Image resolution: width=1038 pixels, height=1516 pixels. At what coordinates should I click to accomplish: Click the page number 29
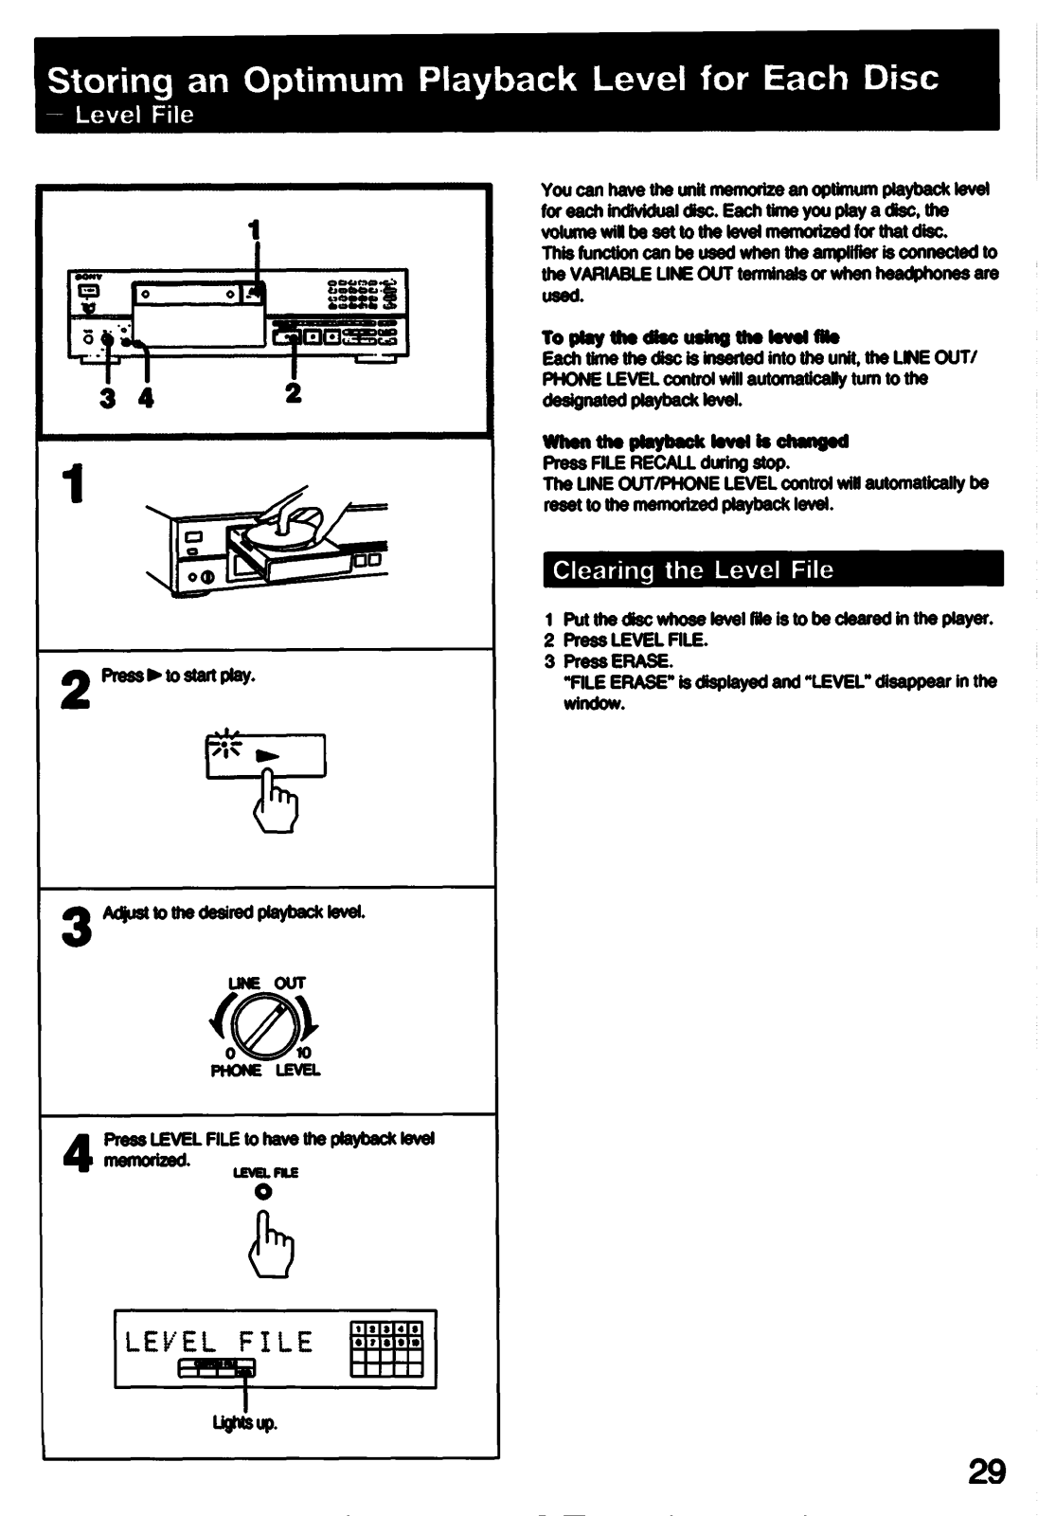tap(986, 1471)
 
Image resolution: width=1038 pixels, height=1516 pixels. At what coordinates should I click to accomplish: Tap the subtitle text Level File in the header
tap(134, 116)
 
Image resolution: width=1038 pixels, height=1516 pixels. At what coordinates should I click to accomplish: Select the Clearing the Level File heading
tap(692, 570)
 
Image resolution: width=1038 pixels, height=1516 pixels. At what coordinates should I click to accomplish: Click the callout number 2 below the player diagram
tap(294, 392)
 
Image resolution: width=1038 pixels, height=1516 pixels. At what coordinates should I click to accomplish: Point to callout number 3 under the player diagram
tap(108, 398)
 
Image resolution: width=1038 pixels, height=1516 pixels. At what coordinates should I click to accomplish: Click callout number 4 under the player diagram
tap(145, 398)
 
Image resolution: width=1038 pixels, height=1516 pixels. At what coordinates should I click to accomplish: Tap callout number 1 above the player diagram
tap(253, 229)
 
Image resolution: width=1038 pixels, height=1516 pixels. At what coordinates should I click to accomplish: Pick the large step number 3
tap(75, 927)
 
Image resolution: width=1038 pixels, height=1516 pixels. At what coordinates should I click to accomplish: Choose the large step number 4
tap(75, 1150)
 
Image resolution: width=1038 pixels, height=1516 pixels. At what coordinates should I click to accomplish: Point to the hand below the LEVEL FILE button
tap(272, 1250)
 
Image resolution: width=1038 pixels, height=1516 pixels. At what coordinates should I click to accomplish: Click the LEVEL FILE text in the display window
tap(219, 1342)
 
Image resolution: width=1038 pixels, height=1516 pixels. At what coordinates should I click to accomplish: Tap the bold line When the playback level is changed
tap(695, 442)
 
